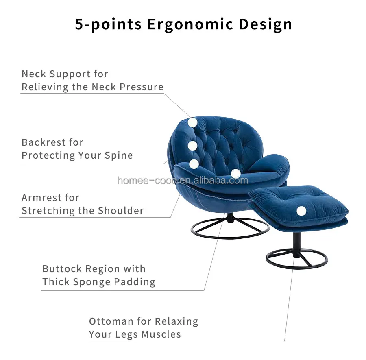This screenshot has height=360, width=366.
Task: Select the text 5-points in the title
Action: [x=109, y=24]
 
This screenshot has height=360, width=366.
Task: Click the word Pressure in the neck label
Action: [x=144, y=87]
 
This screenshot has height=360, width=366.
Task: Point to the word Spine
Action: [x=119, y=155]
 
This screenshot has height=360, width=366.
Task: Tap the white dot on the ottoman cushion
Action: [x=301, y=211]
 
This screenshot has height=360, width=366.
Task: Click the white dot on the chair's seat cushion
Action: [x=235, y=173]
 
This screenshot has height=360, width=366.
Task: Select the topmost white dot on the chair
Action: [x=192, y=122]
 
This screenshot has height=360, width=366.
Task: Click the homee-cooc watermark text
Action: [x=183, y=180]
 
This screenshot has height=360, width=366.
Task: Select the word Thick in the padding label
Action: [x=56, y=282]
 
